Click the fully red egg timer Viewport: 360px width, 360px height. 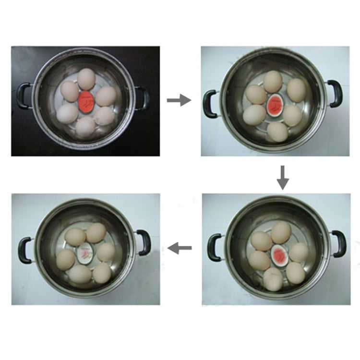(x=86, y=101)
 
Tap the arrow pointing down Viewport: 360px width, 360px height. (x=283, y=177)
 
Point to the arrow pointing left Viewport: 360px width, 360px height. (x=180, y=248)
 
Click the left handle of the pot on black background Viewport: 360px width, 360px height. (x=24, y=96)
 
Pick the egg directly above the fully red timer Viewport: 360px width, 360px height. (x=86, y=78)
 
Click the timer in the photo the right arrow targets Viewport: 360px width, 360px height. (x=275, y=103)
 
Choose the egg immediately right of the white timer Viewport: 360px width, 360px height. (x=106, y=252)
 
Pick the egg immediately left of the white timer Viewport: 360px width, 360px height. (x=65, y=259)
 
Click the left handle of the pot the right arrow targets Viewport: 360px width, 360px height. (x=210, y=102)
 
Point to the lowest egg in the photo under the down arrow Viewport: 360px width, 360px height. (x=273, y=280)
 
